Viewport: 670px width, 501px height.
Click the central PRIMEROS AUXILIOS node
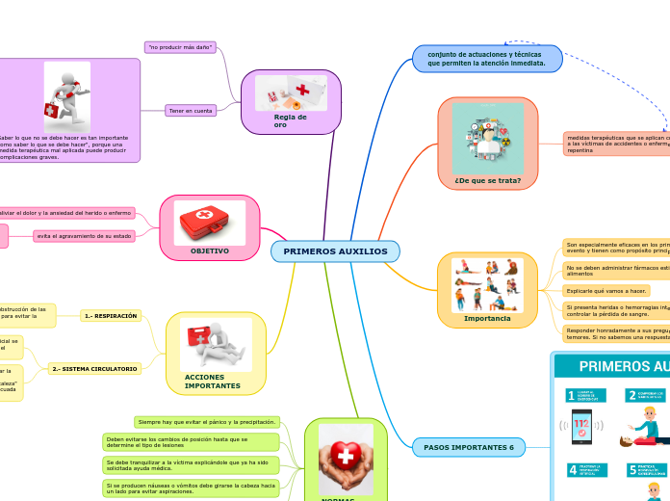coord(335,251)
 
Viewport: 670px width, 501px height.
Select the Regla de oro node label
coord(290,120)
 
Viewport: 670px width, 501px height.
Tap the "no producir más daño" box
coord(180,46)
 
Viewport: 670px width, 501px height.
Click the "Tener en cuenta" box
coord(191,111)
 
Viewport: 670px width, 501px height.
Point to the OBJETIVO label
coord(209,250)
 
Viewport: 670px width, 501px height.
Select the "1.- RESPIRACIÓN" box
coord(112,315)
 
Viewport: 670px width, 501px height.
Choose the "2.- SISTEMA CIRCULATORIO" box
coord(94,369)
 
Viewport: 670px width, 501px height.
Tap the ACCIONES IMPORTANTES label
coord(213,382)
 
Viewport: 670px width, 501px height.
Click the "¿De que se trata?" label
coord(487,180)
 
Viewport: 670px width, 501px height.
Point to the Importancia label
coord(487,318)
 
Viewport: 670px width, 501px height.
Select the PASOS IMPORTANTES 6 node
coord(469,447)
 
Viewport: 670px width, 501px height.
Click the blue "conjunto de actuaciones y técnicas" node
coord(487,59)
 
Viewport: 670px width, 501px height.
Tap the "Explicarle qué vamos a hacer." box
coord(606,290)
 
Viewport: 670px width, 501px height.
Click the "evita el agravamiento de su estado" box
coord(84,236)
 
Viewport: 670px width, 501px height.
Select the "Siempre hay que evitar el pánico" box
coord(207,422)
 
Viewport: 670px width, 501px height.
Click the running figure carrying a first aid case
coord(67,96)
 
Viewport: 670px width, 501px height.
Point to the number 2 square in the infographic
coord(632,395)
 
